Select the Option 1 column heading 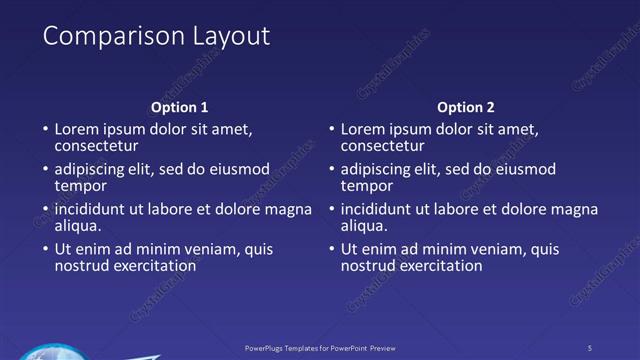click(180, 107)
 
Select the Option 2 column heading click(466, 107)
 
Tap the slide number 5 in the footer click(589, 347)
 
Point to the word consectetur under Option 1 click(96, 146)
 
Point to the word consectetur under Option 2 click(382, 146)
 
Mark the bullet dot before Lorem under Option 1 click(45, 130)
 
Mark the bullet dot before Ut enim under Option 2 click(331, 250)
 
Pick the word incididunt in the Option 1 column click(93, 209)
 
